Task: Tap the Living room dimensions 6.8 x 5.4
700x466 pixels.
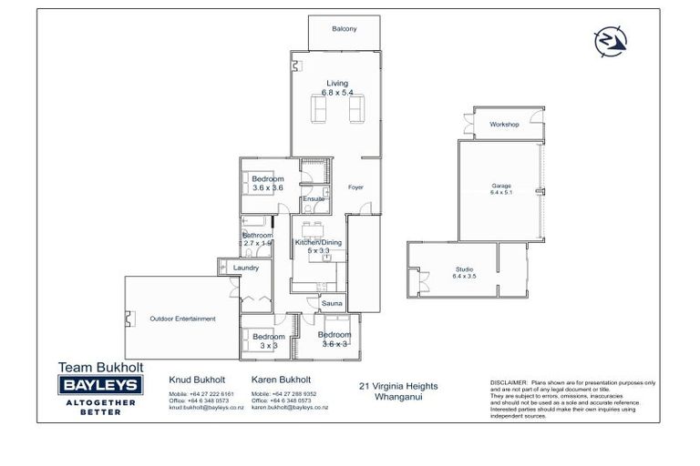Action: click(337, 93)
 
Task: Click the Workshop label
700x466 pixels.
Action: click(503, 124)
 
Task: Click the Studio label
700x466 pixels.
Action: click(465, 268)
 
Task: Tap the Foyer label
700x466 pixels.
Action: click(355, 187)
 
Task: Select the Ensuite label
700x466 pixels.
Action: click(314, 198)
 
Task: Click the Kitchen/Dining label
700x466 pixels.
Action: click(317, 242)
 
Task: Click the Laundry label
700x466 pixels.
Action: click(246, 268)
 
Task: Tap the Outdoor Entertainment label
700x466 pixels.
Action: click(182, 319)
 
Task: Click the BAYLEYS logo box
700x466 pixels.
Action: click(100, 386)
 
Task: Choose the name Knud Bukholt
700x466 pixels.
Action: click(194, 379)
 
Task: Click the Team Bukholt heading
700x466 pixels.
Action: click(99, 367)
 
